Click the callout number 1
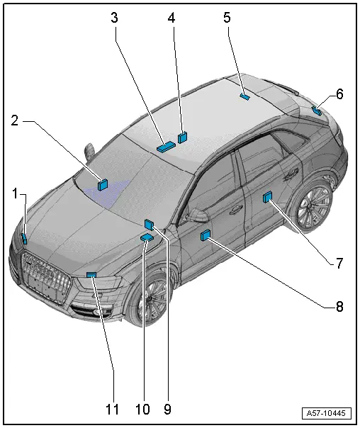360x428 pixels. point(16,193)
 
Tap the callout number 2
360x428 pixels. point(15,120)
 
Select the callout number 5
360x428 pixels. point(227,18)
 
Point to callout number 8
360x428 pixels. point(339,307)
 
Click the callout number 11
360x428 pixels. point(113,409)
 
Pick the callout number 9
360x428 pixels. point(167,409)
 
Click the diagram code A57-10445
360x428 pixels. point(326,413)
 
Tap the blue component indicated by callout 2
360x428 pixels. point(103,185)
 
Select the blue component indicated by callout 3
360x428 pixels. point(166,147)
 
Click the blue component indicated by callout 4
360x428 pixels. point(182,137)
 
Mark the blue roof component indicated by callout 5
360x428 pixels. point(244,96)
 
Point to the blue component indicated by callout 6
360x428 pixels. point(317,111)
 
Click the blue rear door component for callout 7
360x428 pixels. point(267,197)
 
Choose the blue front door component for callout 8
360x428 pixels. point(206,235)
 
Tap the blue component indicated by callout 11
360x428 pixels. point(91,275)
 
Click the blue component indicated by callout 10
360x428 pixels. point(147,238)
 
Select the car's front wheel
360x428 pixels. point(150,300)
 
